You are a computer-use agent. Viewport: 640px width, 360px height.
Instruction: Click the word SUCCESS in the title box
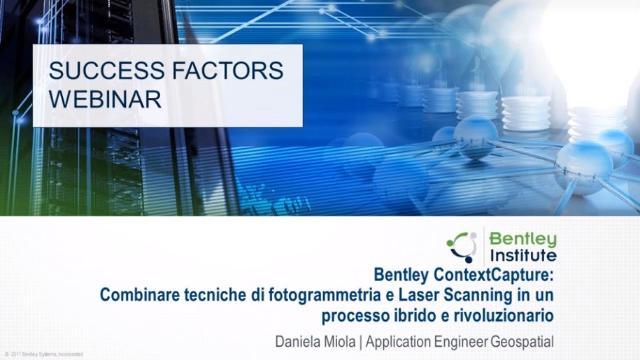click(x=107, y=70)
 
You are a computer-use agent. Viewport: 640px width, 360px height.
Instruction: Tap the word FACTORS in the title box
click(x=227, y=70)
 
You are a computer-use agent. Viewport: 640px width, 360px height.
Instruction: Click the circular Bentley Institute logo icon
click(x=462, y=247)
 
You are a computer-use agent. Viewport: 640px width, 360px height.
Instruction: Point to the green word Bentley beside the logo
click(x=522, y=239)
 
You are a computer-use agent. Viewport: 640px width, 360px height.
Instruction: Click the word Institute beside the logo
click(x=523, y=256)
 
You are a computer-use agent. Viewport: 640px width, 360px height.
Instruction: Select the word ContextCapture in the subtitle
click(x=488, y=275)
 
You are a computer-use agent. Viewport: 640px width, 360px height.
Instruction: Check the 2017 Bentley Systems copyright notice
click(x=44, y=354)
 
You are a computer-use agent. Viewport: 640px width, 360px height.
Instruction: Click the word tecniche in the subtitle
click(x=215, y=295)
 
